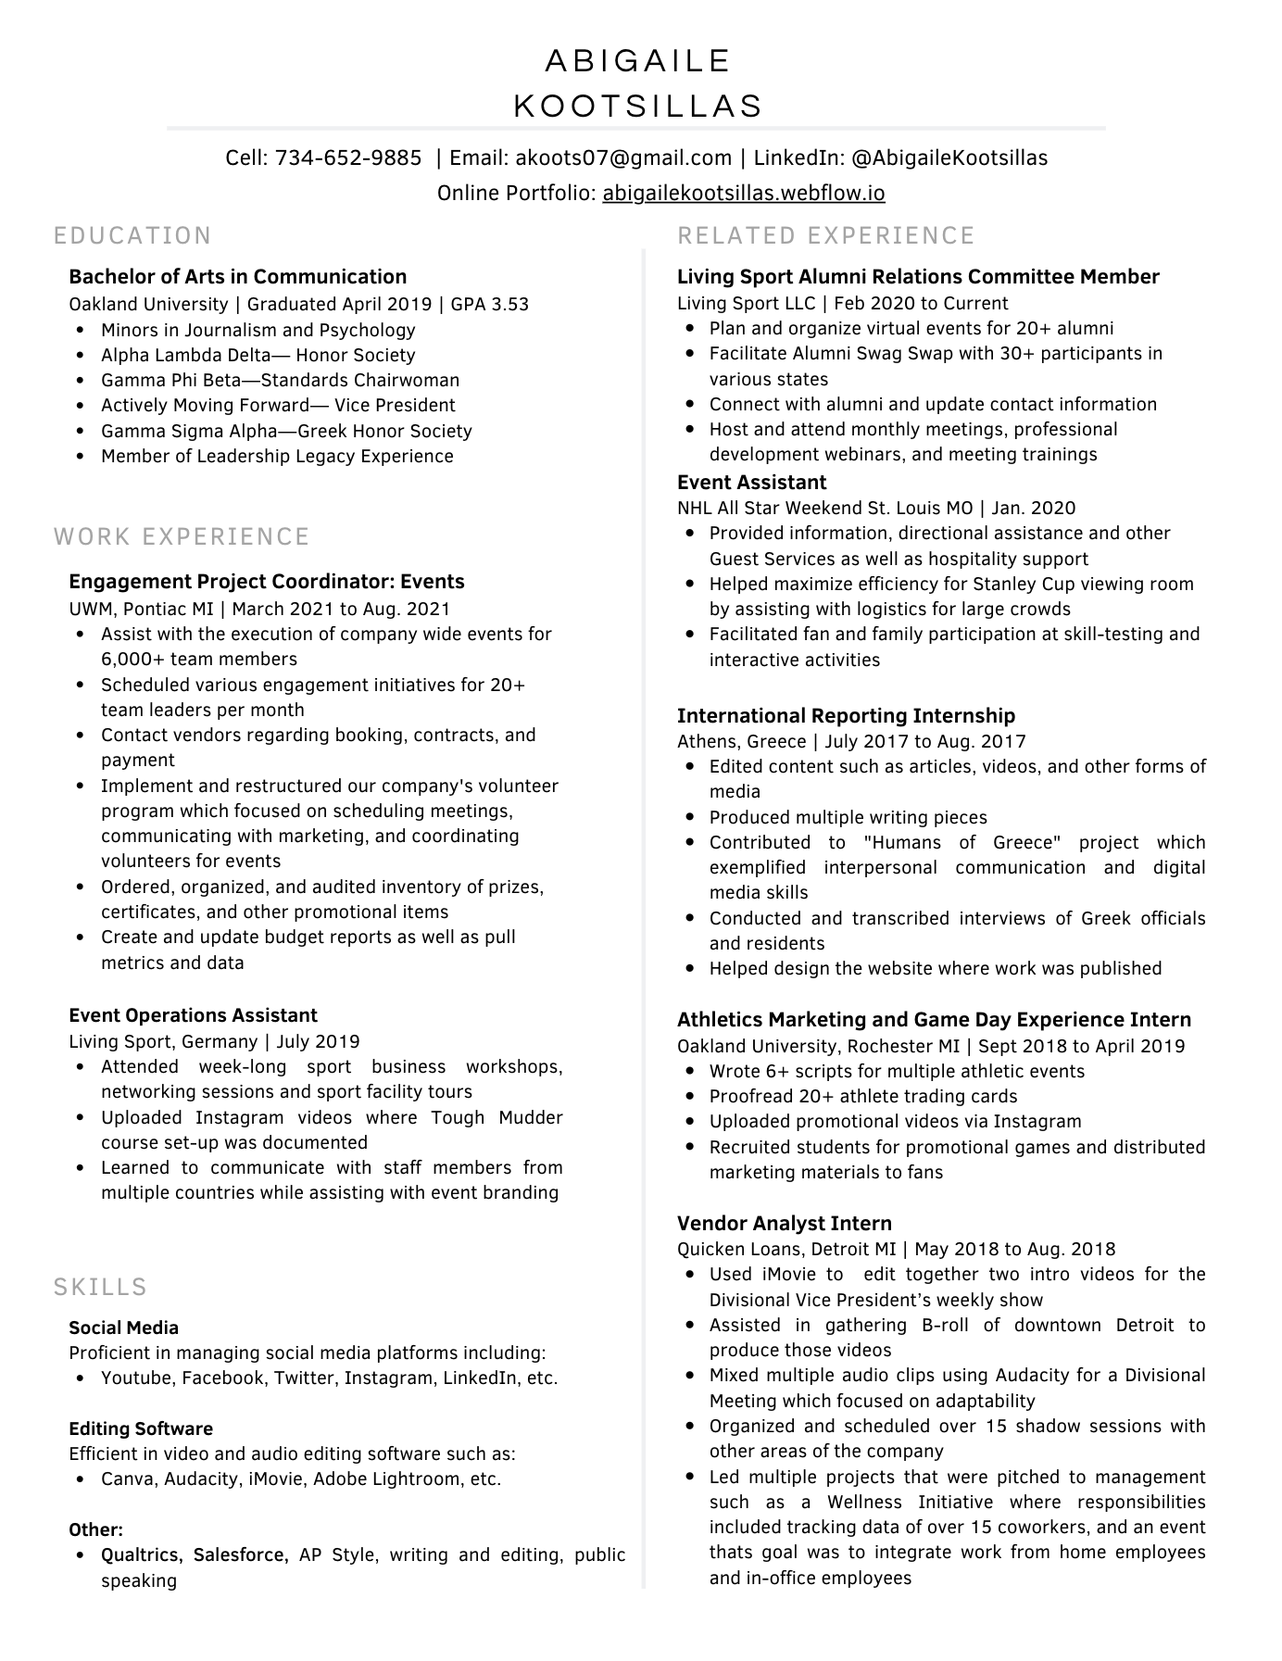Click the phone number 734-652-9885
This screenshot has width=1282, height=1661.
coord(348,158)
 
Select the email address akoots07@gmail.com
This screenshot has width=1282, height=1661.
coord(623,158)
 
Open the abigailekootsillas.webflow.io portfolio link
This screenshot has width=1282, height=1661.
coord(743,194)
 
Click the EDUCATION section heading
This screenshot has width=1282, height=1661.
coord(133,236)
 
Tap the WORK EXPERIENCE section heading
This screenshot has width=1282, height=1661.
coord(182,537)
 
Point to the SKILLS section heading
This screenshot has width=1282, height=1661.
coord(101,1288)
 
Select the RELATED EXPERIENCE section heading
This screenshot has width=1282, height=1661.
coord(826,236)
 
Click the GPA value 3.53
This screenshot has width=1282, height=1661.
coord(510,305)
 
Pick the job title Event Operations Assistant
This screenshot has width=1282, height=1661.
coord(193,1015)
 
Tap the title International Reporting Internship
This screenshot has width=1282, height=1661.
coord(846,716)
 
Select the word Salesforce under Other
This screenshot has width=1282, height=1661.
coord(241,1554)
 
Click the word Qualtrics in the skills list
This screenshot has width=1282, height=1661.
coord(142,1554)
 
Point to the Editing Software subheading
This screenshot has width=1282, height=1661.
coord(141,1428)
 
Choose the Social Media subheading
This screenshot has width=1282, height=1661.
coord(123,1328)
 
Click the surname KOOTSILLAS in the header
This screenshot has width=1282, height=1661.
coord(638,107)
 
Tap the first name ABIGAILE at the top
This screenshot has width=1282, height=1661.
coord(638,61)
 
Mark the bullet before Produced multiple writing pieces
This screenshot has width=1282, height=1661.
coord(690,818)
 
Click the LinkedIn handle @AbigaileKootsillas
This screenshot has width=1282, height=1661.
coord(949,158)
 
